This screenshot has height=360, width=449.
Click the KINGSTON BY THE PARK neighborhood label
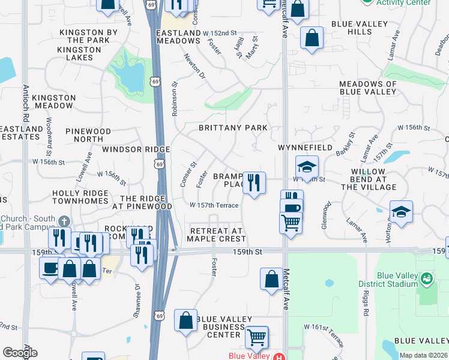(x=89, y=36)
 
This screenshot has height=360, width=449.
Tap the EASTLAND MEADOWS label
(x=178, y=36)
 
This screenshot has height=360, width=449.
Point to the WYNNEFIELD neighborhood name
(x=305, y=147)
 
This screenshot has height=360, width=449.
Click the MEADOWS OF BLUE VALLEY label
(x=368, y=88)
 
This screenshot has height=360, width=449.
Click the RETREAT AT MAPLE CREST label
(x=216, y=235)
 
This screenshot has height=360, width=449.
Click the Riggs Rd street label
(x=366, y=304)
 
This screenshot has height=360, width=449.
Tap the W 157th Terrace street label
(x=214, y=205)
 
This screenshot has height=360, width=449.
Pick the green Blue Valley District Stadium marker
(x=426, y=278)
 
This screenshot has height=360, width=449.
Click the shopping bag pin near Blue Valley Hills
(x=312, y=38)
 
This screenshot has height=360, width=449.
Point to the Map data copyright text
(x=423, y=355)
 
